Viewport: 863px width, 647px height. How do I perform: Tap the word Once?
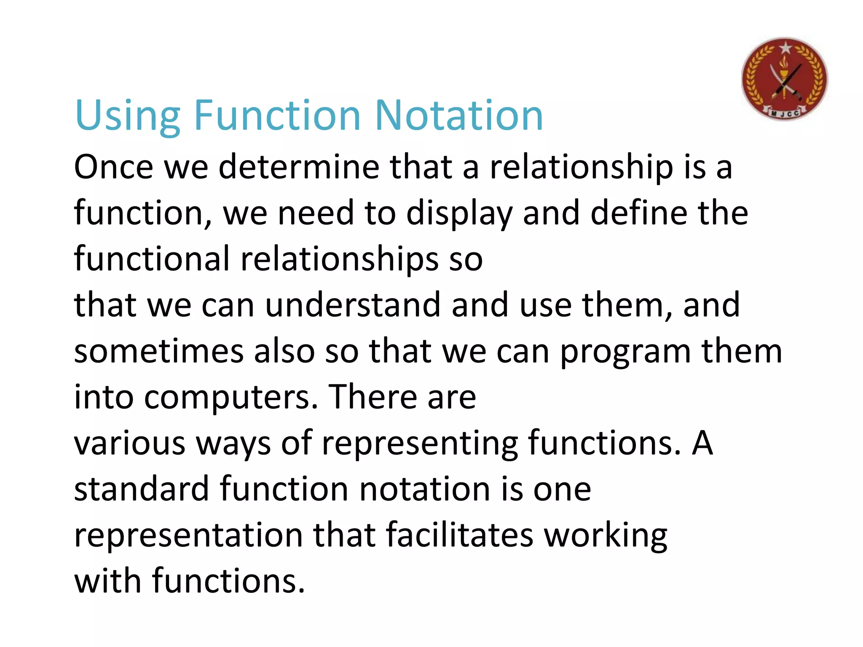[113, 167]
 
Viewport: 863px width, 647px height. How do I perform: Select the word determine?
[299, 167]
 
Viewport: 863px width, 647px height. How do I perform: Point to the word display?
[459, 214]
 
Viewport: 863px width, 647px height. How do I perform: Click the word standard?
[142, 489]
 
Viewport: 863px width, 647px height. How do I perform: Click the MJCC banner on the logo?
[785, 112]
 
